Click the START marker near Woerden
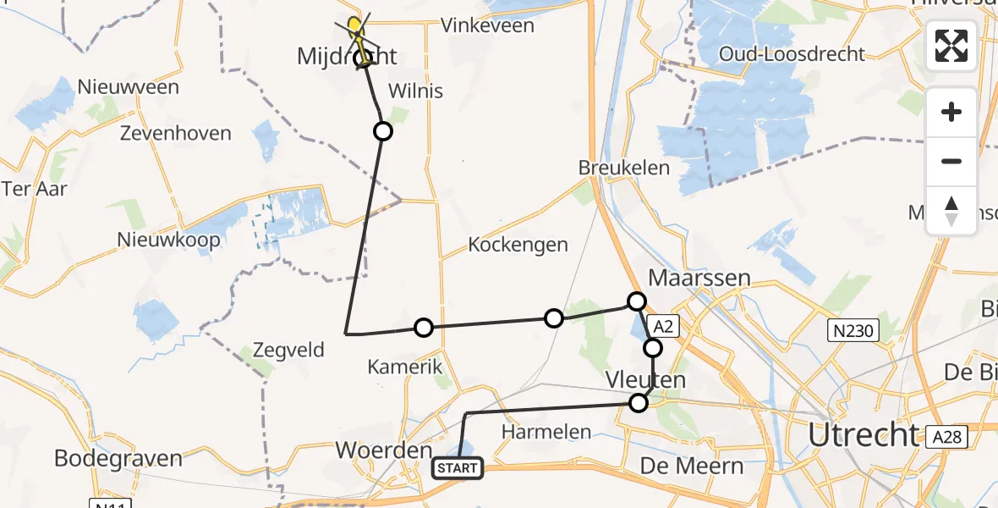click(x=458, y=467)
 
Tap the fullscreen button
click(x=951, y=46)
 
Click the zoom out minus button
click(x=951, y=161)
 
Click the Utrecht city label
click(x=863, y=434)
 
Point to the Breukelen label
click(x=624, y=168)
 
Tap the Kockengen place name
click(x=518, y=245)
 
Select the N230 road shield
click(x=852, y=330)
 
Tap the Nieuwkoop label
click(x=169, y=240)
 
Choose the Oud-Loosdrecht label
click(x=792, y=54)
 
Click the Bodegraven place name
click(x=118, y=458)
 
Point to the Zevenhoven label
click(x=176, y=134)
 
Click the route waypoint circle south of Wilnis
click(x=383, y=130)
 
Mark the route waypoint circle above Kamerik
click(x=424, y=328)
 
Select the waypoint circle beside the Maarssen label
click(x=637, y=301)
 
